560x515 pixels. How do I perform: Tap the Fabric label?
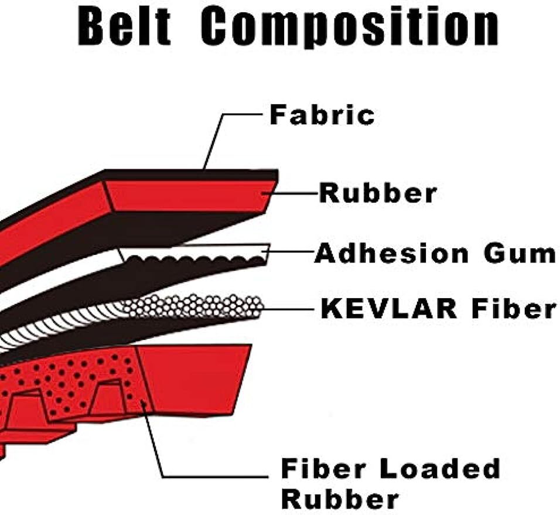(322, 115)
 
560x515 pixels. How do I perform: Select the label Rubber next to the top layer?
(377, 193)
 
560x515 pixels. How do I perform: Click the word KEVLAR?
(388, 309)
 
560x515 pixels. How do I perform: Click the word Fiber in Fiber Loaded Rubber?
(323, 469)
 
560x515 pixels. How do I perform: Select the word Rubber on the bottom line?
(340, 499)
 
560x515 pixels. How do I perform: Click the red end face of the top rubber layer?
(187, 196)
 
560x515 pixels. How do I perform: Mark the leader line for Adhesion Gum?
(290, 252)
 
